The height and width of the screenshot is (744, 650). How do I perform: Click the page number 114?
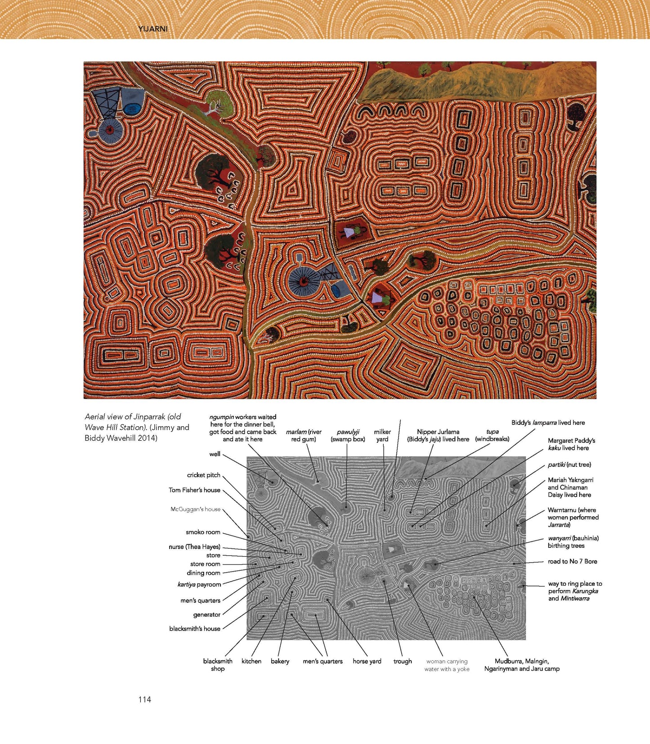144,699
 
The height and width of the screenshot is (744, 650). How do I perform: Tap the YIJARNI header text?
153,29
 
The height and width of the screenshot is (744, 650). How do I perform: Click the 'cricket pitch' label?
204,475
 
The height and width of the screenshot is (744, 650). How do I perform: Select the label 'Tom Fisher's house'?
194,490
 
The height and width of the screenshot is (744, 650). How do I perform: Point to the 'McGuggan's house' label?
195,509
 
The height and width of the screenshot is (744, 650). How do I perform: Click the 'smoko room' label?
203,532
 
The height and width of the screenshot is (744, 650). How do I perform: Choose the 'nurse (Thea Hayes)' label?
194,547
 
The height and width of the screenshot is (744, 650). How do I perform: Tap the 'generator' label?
206,614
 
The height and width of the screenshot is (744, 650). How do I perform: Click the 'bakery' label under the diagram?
280,661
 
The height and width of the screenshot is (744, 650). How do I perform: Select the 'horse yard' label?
367,661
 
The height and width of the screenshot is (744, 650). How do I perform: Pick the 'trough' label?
403,661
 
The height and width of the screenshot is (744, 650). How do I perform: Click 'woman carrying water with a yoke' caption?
447,665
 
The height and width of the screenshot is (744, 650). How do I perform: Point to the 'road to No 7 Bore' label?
572,561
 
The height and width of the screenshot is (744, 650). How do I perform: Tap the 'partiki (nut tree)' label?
569,464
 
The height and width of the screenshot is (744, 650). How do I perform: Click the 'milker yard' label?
382,435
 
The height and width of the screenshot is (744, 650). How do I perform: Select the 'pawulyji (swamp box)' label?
348,435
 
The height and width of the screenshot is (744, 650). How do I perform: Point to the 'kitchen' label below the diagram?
251,661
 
